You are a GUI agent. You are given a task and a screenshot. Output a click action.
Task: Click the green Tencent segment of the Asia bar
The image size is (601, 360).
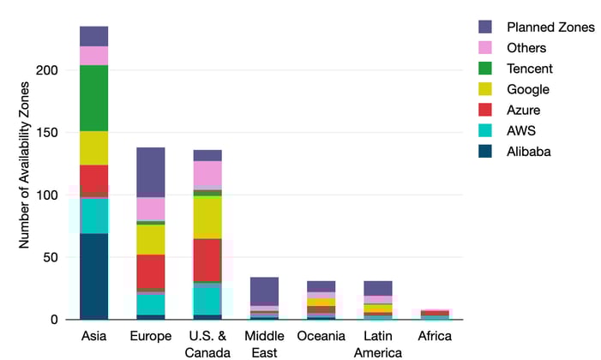tap(93, 98)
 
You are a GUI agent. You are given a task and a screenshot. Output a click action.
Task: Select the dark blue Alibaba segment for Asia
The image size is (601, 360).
tap(93, 276)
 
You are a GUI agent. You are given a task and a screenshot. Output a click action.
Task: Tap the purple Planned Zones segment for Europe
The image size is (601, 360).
tap(150, 172)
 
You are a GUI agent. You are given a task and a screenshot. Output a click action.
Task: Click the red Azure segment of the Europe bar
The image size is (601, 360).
tap(150, 271)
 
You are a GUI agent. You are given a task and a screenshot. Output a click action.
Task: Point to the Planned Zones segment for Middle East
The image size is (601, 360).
tap(264, 291)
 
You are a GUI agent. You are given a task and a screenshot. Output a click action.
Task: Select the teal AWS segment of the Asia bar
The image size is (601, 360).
tap(93, 215)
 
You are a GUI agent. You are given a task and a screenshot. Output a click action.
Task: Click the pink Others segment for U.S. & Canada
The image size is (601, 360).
tap(207, 174)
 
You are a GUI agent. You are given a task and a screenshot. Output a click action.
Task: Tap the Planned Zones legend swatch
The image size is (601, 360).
tap(485, 27)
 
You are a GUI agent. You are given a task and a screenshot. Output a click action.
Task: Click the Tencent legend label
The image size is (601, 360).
tap(529, 69)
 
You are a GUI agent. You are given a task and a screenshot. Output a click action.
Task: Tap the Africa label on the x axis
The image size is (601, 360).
tap(434, 335)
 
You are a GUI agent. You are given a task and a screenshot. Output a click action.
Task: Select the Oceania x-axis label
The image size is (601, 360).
tap(321, 335)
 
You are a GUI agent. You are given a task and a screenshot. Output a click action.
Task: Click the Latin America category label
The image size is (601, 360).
tap(377, 342)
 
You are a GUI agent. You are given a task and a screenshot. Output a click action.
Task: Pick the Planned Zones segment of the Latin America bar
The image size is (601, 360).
tap(377, 288)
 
